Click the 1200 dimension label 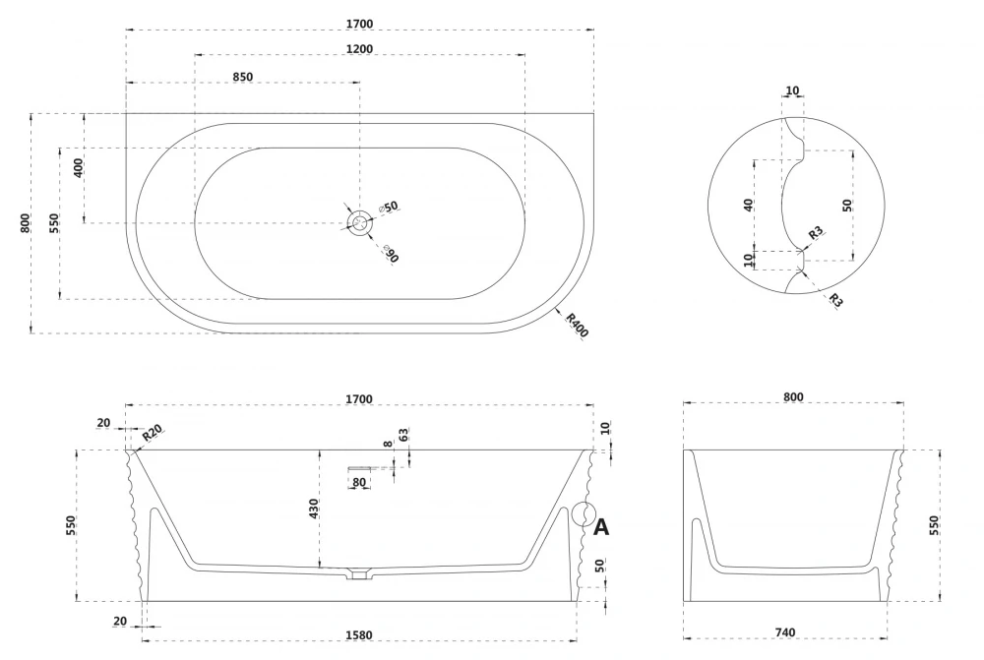tap(359, 48)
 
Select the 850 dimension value tap(243, 77)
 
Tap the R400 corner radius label tap(577, 324)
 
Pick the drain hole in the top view tap(361, 223)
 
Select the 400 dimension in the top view tap(79, 167)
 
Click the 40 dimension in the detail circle tap(749, 205)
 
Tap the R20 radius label tap(152, 434)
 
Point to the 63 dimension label tap(403, 435)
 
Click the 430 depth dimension tap(314, 509)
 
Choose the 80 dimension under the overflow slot tap(359, 482)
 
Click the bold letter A tap(601, 527)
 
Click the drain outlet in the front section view tap(359, 572)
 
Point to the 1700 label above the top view tap(359, 23)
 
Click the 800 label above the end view tap(793, 396)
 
